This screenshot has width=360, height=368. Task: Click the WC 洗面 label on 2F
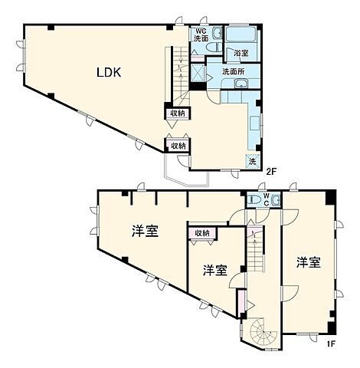click(x=200, y=34)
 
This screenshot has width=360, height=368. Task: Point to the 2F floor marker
click(x=270, y=171)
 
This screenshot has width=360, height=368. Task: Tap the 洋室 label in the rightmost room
click(x=308, y=263)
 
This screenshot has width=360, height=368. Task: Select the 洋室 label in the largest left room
click(x=145, y=231)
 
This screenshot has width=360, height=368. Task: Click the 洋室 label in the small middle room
click(x=214, y=270)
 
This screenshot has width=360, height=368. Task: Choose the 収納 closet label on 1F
click(x=202, y=233)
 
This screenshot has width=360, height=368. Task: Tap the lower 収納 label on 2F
click(x=178, y=146)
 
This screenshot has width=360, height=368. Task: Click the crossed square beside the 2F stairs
click(x=198, y=72)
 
